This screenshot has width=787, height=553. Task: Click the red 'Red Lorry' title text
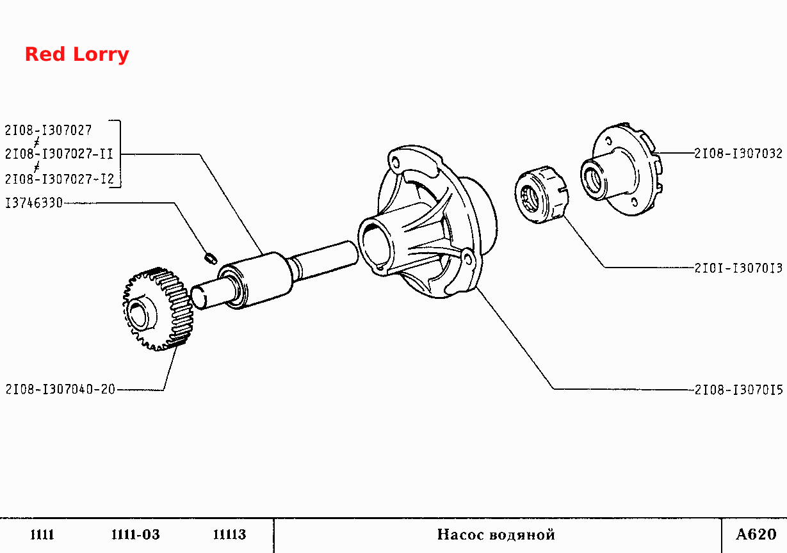pyautogui.click(x=77, y=54)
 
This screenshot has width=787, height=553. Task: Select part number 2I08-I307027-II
pyautogui.click(x=59, y=154)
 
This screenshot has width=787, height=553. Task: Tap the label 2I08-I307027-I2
pyautogui.click(x=60, y=179)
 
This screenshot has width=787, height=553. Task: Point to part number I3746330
pyautogui.click(x=34, y=203)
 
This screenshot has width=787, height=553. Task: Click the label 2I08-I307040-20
pyautogui.click(x=60, y=389)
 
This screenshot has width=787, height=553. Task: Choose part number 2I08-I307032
pyautogui.click(x=738, y=154)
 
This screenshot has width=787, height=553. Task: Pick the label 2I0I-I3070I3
pyautogui.click(x=738, y=268)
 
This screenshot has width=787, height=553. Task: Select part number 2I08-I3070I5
pyautogui.click(x=738, y=390)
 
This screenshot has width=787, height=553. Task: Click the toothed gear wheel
pyautogui.click(x=158, y=309)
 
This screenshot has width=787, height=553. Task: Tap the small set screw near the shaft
pyautogui.click(x=211, y=259)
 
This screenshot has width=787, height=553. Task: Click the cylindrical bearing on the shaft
pyautogui.click(x=255, y=280)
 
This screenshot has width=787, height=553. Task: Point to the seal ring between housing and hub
pyautogui.click(x=541, y=195)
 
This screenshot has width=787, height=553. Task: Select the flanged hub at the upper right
pyautogui.click(x=621, y=169)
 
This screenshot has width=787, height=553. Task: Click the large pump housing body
pyautogui.click(x=427, y=221)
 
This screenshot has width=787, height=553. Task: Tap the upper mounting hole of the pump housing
pyautogui.click(x=396, y=163)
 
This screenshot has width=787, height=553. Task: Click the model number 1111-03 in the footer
pyautogui.click(x=135, y=534)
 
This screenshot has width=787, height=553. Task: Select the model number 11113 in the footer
pyautogui.click(x=229, y=534)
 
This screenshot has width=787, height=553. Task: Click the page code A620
pyautogui.click(x=756, y=534)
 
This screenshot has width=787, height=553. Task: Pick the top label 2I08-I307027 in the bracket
pyautogui.click(x=48, y=131)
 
